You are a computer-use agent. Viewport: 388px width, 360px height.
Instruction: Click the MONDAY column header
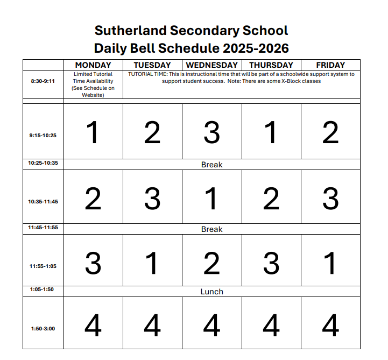pos(93,65)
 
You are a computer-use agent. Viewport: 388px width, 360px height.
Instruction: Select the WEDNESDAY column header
pos(211,65)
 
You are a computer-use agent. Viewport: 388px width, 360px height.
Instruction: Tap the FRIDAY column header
pos(330,65)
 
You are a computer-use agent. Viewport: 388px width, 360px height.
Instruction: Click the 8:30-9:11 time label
pos(43,81)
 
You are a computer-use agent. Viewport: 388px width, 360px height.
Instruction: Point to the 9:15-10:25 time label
pos(43,136)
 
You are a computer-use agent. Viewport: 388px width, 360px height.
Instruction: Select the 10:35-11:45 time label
pos(43,202)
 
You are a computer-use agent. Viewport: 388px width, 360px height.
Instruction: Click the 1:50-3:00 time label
pos(43,328)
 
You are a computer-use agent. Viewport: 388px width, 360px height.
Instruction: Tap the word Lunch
pos(211,292)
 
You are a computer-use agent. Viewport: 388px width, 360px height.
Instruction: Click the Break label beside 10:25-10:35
pos(211,165)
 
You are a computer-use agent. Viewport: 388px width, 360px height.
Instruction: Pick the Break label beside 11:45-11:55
pos(211,229)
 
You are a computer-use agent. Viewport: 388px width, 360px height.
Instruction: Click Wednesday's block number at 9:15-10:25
pos(211,132)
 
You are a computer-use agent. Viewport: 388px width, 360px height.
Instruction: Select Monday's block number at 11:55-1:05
pos(93,264)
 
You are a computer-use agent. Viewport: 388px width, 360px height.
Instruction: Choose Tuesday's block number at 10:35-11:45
pos(152,199)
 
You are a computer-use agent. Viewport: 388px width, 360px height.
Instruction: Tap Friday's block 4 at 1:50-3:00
pos(330,326)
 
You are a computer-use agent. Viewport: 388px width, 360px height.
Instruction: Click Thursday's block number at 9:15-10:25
pos(271,132)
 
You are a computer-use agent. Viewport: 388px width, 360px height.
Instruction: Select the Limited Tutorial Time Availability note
pos(93,84)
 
